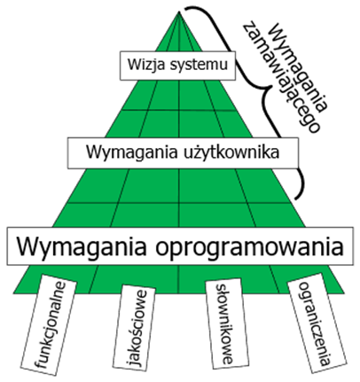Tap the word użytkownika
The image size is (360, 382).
230,152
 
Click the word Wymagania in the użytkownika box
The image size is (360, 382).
132,153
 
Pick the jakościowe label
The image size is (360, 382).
137,329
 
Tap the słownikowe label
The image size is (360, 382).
223,324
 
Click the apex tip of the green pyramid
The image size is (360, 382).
179,12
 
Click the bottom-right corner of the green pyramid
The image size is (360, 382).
344,293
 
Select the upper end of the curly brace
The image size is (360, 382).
185,10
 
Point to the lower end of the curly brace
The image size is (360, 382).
294,198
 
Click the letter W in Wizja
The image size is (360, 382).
134,65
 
